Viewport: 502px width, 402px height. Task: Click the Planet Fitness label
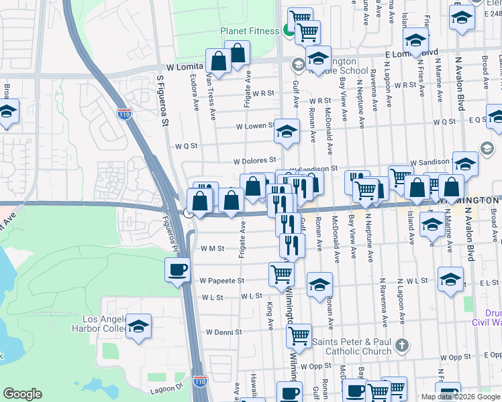(250, 31)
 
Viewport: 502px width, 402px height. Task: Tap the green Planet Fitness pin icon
(287, 29)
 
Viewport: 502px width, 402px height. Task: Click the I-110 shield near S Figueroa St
(124, 113)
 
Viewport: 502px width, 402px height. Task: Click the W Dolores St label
(255, 161)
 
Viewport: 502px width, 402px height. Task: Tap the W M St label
(213, 248)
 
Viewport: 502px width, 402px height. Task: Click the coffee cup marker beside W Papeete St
(177, 270)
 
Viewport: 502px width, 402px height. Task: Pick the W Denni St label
(223, 332)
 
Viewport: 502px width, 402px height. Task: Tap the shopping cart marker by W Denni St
(299, 334)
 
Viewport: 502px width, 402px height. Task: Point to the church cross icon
(401, 346)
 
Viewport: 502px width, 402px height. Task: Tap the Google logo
(23, 394)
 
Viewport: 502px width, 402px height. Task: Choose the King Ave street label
(270, 315)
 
